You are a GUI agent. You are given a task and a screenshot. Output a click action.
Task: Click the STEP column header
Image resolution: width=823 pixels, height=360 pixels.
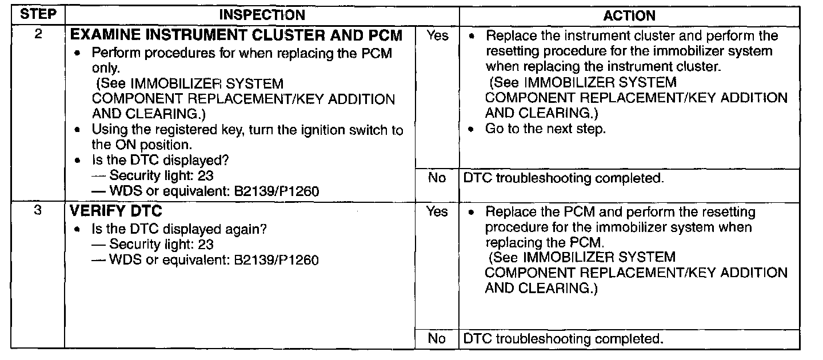37,15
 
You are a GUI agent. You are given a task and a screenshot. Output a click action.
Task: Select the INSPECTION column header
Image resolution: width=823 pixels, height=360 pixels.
262,15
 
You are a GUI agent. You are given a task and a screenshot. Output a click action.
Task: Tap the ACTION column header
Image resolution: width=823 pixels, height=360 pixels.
629,16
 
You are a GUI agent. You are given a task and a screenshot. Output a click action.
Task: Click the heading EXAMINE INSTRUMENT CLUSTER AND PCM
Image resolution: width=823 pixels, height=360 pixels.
235,35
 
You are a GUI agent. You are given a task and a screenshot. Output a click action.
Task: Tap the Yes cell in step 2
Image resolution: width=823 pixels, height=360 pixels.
437,36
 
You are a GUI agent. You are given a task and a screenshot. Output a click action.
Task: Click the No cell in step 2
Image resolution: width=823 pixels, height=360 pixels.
437,178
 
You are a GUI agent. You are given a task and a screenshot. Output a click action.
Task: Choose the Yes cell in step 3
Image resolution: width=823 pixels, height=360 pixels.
437,212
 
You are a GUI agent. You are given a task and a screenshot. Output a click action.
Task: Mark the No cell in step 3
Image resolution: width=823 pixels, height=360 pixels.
437,339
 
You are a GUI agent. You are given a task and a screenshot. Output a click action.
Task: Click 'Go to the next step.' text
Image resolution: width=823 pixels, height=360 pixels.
545,129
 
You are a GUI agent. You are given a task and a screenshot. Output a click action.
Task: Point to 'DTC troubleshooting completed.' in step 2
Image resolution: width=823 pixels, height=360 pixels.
564,178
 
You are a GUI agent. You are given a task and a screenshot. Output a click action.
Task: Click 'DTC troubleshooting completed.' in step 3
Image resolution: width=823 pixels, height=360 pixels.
564,339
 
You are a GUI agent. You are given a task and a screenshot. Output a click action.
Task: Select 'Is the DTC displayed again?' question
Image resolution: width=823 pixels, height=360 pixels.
180,229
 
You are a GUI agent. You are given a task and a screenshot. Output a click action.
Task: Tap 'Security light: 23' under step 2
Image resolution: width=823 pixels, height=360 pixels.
161,175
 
